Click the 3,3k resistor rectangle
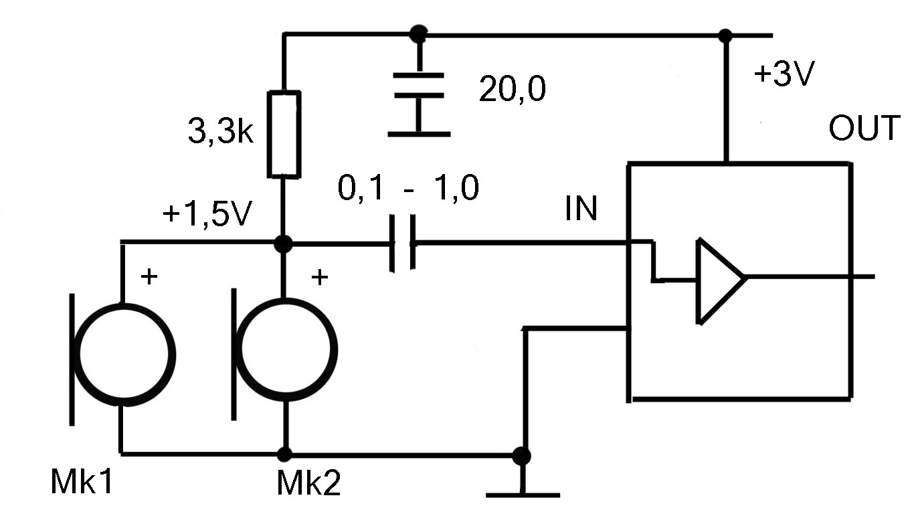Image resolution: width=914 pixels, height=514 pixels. [x=284, y=135]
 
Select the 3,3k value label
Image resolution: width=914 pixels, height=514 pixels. [x=221, y=131]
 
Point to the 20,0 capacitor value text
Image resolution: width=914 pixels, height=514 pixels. [x=512, y=89]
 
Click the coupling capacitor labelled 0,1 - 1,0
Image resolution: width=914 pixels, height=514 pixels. [x=403, y=244]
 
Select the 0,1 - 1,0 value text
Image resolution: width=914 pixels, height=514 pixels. [x=408, y=187]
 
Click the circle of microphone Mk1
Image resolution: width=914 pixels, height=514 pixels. [x=124, y=355]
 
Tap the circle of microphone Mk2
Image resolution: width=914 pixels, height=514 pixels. [x=286, y=350]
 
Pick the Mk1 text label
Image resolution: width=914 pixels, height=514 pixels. [x=82, y=482]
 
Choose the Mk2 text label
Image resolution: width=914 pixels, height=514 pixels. [x=308, y=483]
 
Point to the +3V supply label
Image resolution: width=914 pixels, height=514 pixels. [x=784, y=74]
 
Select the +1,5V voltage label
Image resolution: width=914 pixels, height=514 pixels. [x=207, y=213]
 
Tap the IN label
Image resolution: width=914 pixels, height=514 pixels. [x=581, y=208]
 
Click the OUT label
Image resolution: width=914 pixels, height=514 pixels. [x=864, y=128]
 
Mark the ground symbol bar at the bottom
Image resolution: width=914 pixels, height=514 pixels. [x=523, y=495]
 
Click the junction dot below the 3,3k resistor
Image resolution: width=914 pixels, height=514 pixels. [x=283, y=244]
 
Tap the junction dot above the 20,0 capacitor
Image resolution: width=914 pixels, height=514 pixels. [x=418, y=34]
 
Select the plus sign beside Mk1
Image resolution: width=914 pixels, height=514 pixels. [x=149, y=276]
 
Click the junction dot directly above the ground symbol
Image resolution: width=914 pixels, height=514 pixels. [x=521, y=456]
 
